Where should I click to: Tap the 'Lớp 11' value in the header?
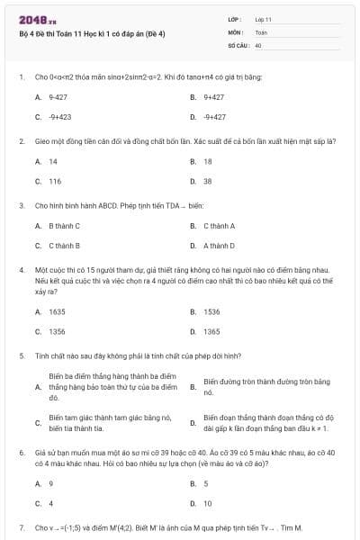[264, 18]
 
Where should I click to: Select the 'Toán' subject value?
[261, 31]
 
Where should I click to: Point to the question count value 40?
[258, 44]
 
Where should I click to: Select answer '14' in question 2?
[53, 161]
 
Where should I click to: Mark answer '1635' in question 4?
[57, 311]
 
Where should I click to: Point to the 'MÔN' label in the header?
[236, 31]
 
